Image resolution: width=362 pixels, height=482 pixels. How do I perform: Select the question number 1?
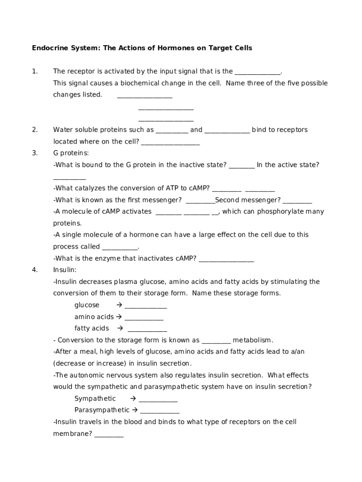pyautogui.click(x=35, y=72)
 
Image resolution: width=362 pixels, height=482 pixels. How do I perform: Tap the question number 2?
pyautogui.click(x=35, y=130)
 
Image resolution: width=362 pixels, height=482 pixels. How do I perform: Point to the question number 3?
pyautogui.click(x=35, y=153)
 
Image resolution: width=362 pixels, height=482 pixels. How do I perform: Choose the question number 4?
pyautogui.click(x=35, y=270)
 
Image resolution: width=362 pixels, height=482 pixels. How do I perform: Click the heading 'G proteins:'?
pyautogui.click(x=71, y=153)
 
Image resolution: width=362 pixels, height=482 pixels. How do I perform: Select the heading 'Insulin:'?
pyautogui.click(x=65, y=270)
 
